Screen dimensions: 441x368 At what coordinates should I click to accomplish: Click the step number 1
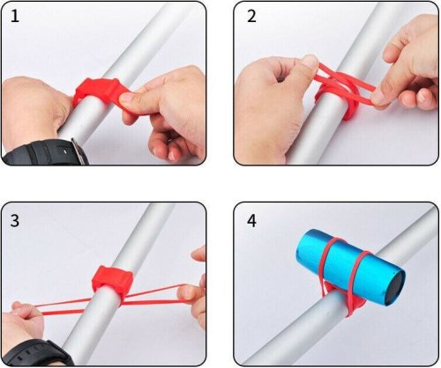click(x=15, y=17)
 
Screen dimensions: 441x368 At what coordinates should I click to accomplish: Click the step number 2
click(x=251, y=17)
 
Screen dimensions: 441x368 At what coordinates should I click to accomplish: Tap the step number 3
click(x=15, y=221)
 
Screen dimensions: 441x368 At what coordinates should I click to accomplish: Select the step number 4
click(x=251, y=221)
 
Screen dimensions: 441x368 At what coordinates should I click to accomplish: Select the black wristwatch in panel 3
click(x=37, y=353)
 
